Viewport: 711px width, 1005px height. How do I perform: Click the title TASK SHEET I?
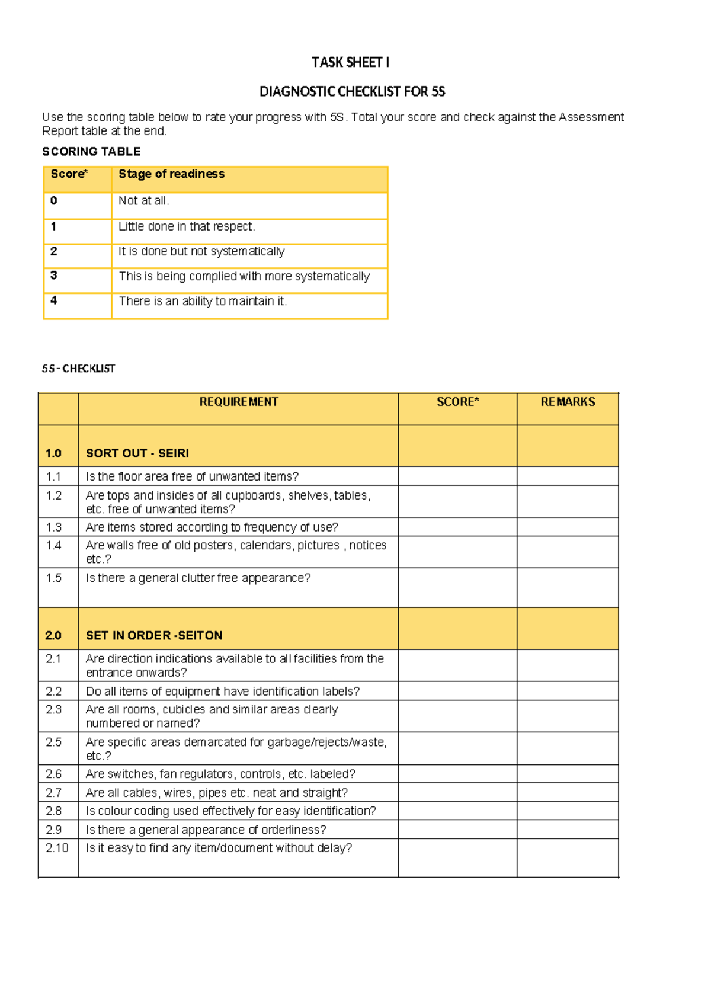pyautogui.click(x=350, y=62)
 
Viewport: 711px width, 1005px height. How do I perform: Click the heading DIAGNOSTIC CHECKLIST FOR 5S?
pyautogui.click(x=352, y=91)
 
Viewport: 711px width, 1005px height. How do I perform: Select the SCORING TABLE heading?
pyautogui.click(x=91, y=152)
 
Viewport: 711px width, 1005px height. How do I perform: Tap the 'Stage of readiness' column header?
pyautogui.click(x=171, y=174)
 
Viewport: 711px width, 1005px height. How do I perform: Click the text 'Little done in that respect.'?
pyautogui.click(x=187, y=226)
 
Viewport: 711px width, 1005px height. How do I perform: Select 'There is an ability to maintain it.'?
pyautogui.click(x=203, y=302)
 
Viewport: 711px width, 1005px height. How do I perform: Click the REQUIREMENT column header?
pyautogui.click(x=238, y=402)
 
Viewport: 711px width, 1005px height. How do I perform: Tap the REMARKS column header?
pyautogui.click(x=568, y=402)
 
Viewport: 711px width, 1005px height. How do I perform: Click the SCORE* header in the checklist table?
pyautogui.click(x=457, y=402)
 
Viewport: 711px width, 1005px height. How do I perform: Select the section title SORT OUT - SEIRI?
pyautogui.click(x=137, y=453)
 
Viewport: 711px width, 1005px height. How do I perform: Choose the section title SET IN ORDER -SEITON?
pyautogui.click(x=154, y=636)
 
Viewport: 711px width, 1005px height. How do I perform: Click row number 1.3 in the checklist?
pyautogui.click(x=54, y=527)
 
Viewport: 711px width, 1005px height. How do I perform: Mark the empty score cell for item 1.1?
pyautogui.click(x=457, y=476)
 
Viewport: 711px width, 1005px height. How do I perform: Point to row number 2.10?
pyautogui.click(x=57, y=848)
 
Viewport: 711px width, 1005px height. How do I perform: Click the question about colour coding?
pyautogui.click(x=230, y=811)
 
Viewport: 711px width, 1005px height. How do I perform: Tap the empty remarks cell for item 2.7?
pyautogui.click(x=568, y=793)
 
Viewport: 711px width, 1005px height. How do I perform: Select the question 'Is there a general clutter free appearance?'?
pyautogui.click(x=198, y=578)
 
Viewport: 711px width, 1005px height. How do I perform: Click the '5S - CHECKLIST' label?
pyautogui.click(x=78, y=369)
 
